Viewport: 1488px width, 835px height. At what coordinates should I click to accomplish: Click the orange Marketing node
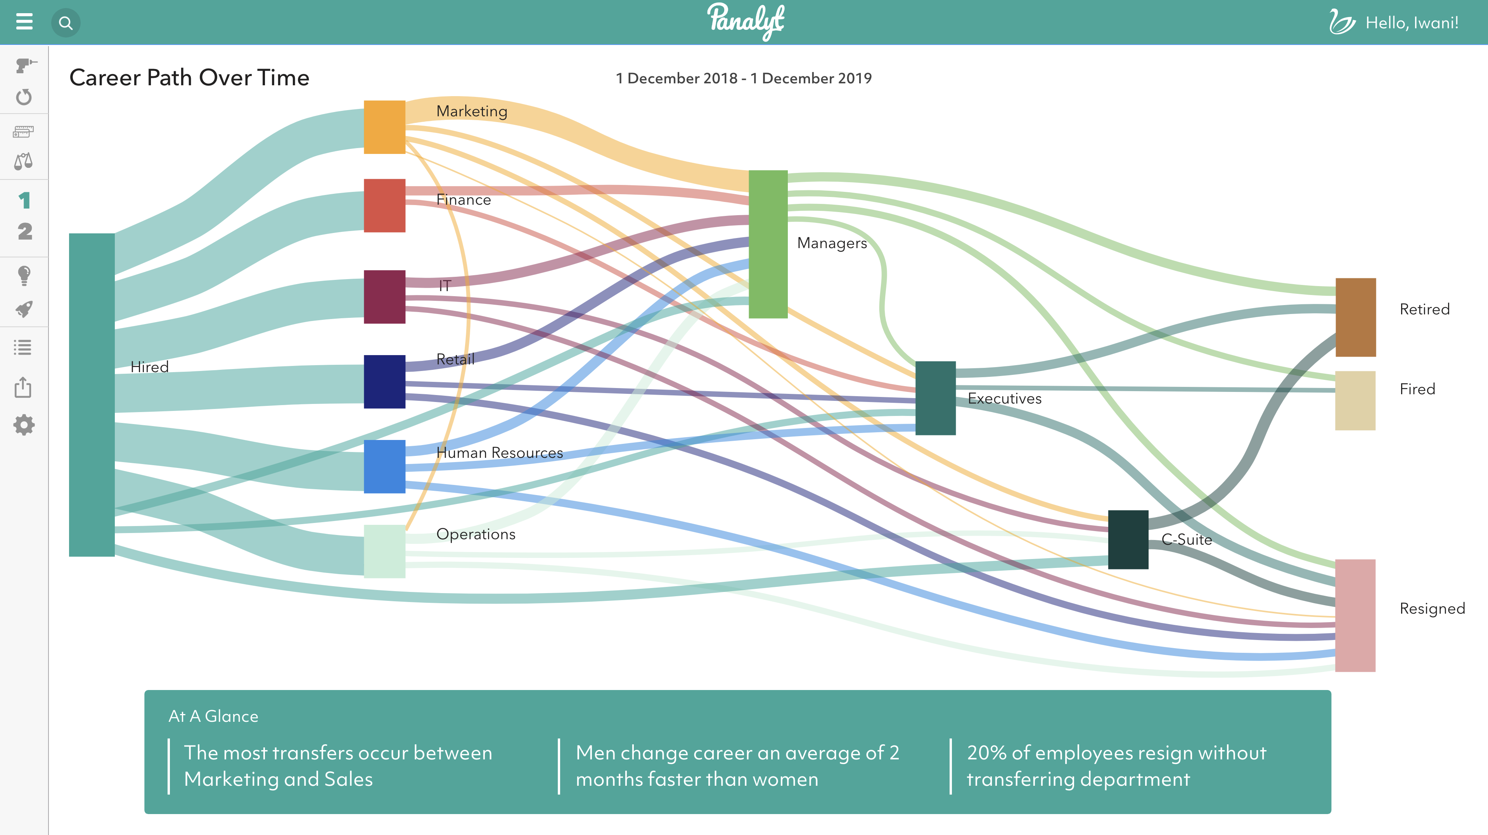pyautogui.click(x=384, y=127)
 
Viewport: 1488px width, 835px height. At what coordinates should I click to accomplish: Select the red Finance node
pyautogui.click(x=384, y=205)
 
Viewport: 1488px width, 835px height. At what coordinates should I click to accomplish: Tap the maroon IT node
pyautogui.click(x=384, y=297)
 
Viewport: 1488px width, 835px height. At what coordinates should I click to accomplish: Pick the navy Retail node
pyautogui.click(x=384, y=382)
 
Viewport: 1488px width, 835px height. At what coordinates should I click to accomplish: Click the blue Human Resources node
pyautogui.click(x=384, y=467)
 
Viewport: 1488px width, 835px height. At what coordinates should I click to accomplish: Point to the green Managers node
pyautogui.click(x=768, y=244)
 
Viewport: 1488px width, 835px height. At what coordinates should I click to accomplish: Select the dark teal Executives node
pyautogui.click(x=935, y=398)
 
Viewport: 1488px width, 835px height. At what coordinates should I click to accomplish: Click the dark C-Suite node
pyautogui.click(x=1128, y=539)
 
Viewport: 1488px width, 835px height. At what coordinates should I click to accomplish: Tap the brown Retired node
pyautogui.click(x=1355, y=317)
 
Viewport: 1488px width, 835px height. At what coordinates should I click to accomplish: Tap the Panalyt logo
pyautogui.click(x=745, y=21)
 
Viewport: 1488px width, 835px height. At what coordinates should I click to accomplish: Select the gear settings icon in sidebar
pyautogui.click(x=24, y=425)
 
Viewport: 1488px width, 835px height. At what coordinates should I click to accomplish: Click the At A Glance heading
pyautogui.click(x=213, y=716)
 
